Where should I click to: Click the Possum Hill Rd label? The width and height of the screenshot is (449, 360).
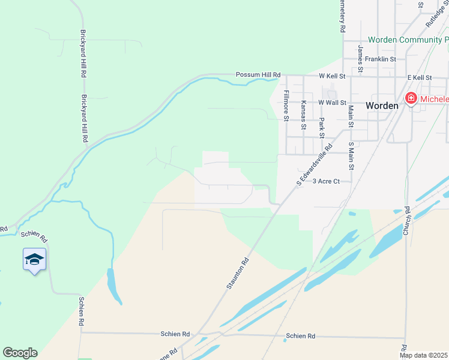pos(258,74)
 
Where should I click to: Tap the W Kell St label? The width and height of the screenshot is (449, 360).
pos(332,77)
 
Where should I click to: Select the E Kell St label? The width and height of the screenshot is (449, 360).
pos(420,77)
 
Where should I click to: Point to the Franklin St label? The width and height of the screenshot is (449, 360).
pos(381,59)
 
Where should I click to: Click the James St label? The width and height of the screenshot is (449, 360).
pos(360,58)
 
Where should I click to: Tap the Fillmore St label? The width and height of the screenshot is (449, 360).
pos(286,105)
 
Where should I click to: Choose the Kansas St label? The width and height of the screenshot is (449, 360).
pos(304,114)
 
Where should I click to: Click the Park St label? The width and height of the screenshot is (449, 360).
pos(321,124)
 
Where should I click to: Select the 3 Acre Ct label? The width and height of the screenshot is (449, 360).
pos(327,181)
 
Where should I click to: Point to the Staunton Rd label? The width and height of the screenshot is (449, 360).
pos(237,274)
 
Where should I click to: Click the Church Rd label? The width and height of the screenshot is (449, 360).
pos(406,220)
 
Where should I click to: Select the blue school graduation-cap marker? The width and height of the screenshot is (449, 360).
pos(34,260)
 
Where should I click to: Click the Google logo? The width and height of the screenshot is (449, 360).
pos(20,353)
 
